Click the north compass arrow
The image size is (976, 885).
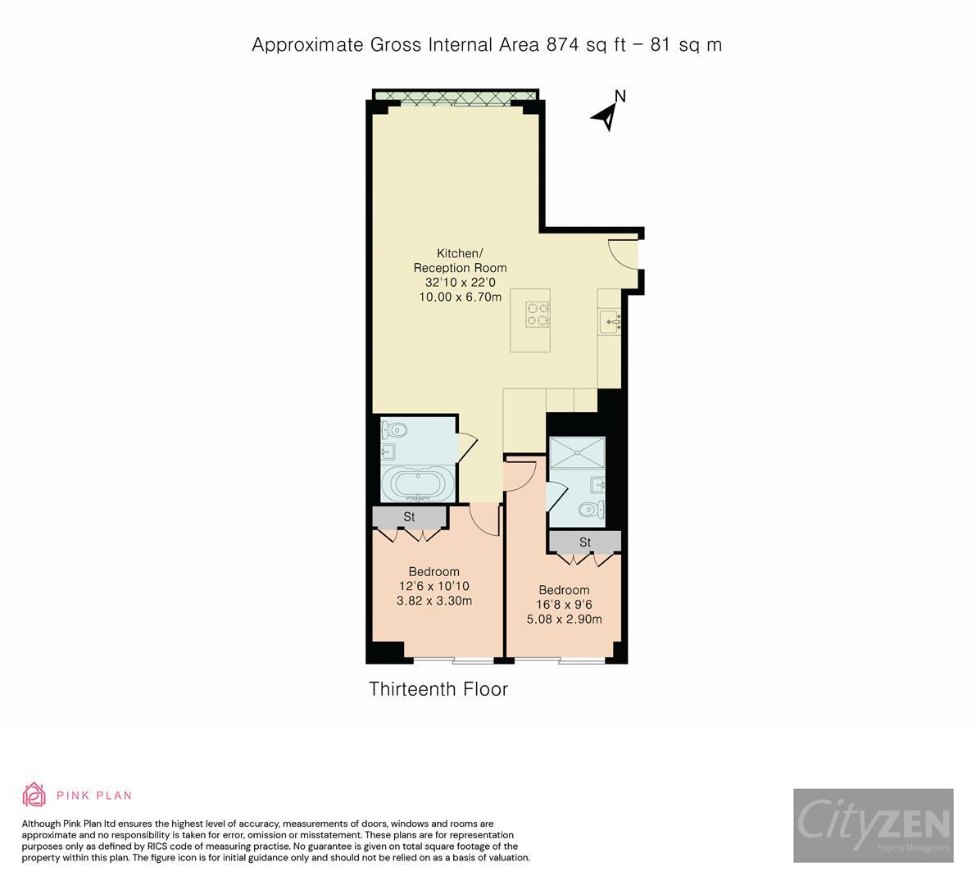(607, 116)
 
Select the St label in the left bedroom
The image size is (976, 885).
(409, 517)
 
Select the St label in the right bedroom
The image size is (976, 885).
(585, 542)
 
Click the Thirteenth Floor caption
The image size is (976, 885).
(438, 689)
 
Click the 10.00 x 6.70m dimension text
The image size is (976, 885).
(460, 297)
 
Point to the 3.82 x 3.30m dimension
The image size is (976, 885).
(434, 601)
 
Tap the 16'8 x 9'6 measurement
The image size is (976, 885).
(564, 605)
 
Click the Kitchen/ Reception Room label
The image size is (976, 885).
(460, 261)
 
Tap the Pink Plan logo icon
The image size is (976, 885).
(34, 794)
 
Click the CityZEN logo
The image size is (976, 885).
(873, 825)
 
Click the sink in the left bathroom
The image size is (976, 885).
(388, 452)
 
